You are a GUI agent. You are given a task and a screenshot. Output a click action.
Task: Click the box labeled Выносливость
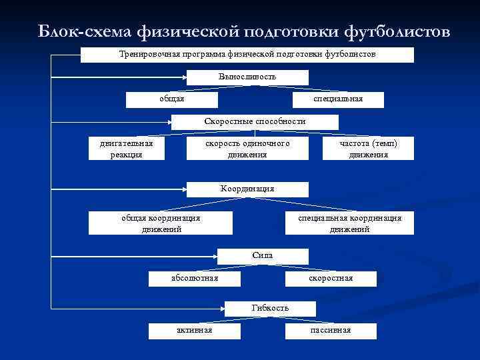pyautogui.click(x=247, y=77)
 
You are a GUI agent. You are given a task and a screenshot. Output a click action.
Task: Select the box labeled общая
pyautogui.click(x=173, y=99)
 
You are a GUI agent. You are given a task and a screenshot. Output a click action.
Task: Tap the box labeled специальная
pyautogui.click(x=338, y=99)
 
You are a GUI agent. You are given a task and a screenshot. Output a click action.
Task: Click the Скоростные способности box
pyautogui.click(x=255, y=122)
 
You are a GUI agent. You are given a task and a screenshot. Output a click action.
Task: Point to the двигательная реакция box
pyautogui.click(x=126, y=149)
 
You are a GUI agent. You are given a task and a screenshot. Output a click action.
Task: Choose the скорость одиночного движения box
pyautogui.click(x=247, y=149)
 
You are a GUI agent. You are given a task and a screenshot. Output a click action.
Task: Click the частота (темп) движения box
pyautogui.click(x=367, y=149)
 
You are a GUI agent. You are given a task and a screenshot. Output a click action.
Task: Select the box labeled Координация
pyautogui.click(x=247, y=189)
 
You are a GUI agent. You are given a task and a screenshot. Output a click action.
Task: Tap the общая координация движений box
pyautogui.click(x=161, y=223)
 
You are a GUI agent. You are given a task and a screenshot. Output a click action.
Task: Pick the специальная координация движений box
pyautogui.click(x=349, y=223)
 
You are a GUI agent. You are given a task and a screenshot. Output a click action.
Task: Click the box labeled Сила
pyautogui.click(x=263, y=256)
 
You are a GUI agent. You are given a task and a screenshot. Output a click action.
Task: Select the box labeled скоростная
pyautogui.click(x=331, y=278)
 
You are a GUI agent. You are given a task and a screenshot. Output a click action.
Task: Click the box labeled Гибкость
pyautogui.click(x=270, y=308)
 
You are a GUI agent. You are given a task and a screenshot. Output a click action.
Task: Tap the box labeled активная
pyautogui.click(x=195, y=331)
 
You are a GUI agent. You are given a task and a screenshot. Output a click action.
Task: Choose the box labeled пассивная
pyautogui.click(x=331, y=331)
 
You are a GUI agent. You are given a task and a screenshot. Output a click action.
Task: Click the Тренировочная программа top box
pyautogui.click(x=247, y=54)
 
